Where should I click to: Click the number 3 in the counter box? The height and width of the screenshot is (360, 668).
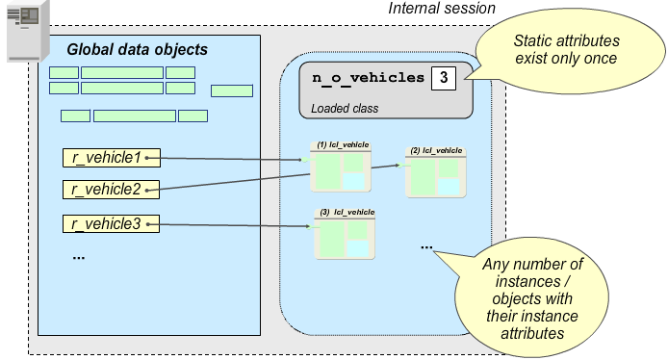coord(443,78)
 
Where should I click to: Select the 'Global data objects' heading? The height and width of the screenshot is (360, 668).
coord(137,49)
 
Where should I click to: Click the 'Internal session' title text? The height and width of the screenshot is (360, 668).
coord(441,9)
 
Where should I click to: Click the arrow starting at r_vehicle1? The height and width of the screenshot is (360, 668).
coord(231,158)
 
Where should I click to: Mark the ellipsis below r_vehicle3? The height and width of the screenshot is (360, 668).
coord(78,257)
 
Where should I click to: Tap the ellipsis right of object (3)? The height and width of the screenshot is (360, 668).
coord(426,246)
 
